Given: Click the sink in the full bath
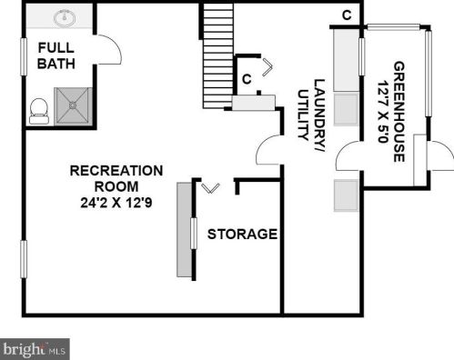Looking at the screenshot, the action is tap(65, 17).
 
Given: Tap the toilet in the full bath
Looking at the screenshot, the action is tap(39, 111).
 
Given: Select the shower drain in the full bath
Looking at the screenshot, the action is tap(73, 105).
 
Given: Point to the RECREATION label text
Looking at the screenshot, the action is tap(116, 171).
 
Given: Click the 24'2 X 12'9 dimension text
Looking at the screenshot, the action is tap(116, 203).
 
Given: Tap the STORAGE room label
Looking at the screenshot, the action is tap(242, 234).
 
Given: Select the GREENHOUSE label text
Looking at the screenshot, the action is tap(399, 112).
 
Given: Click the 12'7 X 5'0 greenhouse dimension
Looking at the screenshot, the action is tap(383, 112).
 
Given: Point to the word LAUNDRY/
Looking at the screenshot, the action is tap(319, 115).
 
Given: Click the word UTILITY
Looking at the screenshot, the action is tap(303, 115).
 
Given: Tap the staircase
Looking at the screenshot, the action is tap(218, 55).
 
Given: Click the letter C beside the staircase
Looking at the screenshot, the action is tap(247, 79).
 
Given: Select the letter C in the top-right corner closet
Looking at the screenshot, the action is tap(347, 15).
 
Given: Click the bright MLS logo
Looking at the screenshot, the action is tap(35, 349).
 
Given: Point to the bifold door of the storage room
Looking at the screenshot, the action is tap(211, 188).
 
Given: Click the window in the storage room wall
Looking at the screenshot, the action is tap(193, 234).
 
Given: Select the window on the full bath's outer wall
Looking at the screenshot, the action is tap(24, 56).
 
